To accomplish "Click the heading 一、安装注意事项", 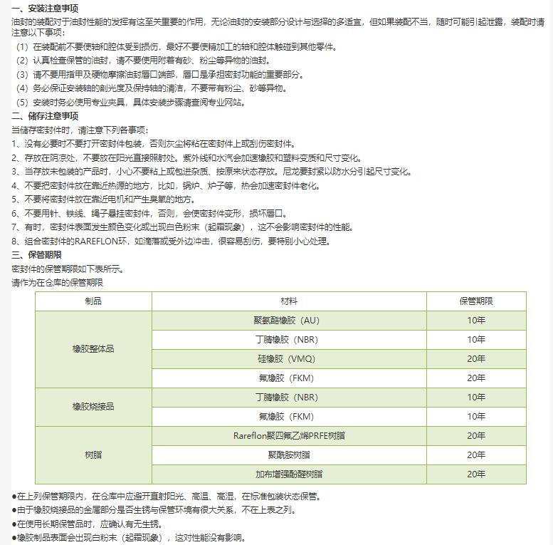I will [45, 8].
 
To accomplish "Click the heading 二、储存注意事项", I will [45, 116].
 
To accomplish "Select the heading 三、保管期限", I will [36, 255].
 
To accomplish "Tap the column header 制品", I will [93, 301].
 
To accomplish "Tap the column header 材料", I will [289, 301].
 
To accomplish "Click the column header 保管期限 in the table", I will [476, 301].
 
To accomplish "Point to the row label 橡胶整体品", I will [93, 349].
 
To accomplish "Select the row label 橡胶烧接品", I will [93, 407].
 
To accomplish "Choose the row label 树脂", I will [93, 455].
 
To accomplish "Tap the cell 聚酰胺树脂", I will [289, 455].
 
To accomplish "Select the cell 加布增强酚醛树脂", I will [289, 474].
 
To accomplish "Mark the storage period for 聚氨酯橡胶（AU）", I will [476, 321].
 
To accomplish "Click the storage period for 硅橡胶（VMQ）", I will [476, 359].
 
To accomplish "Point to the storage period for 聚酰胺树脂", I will [476, 455].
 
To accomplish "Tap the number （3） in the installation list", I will [22, 75].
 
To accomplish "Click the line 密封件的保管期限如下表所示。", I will [68, 269].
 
